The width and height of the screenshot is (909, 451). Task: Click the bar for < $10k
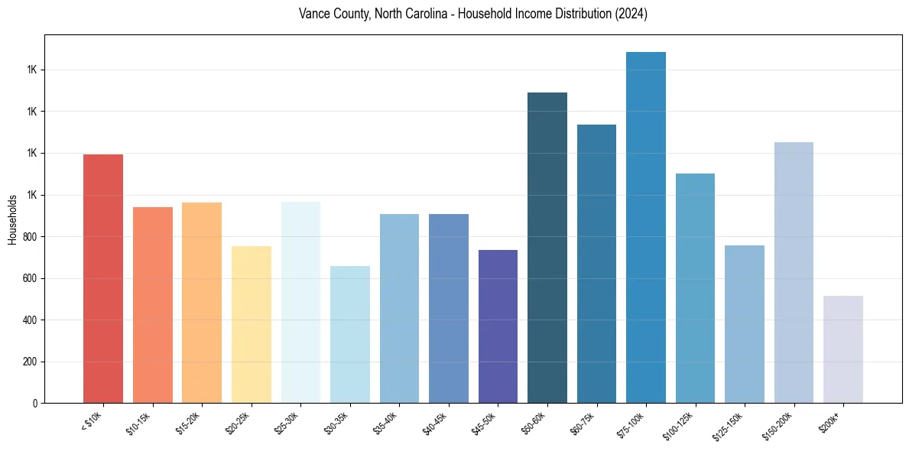[x=103, y=279]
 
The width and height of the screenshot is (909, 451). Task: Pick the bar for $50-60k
[x=547, y=248]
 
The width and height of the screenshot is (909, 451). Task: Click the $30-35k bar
[x=350, y=335]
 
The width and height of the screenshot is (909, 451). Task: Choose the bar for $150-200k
[x=794, y=273]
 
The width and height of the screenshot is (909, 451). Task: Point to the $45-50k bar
[x=498, y=326]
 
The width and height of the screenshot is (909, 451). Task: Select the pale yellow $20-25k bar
[x=252, y=325]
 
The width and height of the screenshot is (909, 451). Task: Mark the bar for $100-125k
[x=695, y=288]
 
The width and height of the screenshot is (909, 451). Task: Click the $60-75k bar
[x=596, y=264]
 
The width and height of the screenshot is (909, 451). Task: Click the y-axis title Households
[x=12, y=219]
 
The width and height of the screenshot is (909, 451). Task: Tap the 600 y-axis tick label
[x=30, y=278]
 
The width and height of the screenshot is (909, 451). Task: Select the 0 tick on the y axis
[x=35, y=403]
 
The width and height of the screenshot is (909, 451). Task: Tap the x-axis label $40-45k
[x=436, y=422]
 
